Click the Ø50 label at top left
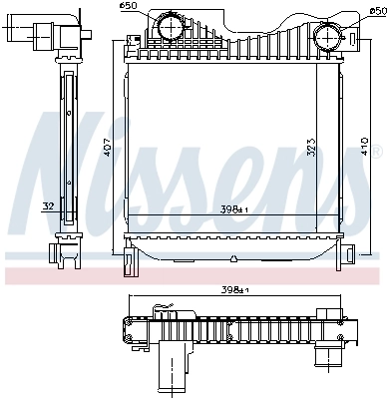point(127,7)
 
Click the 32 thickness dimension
point(48,207)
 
